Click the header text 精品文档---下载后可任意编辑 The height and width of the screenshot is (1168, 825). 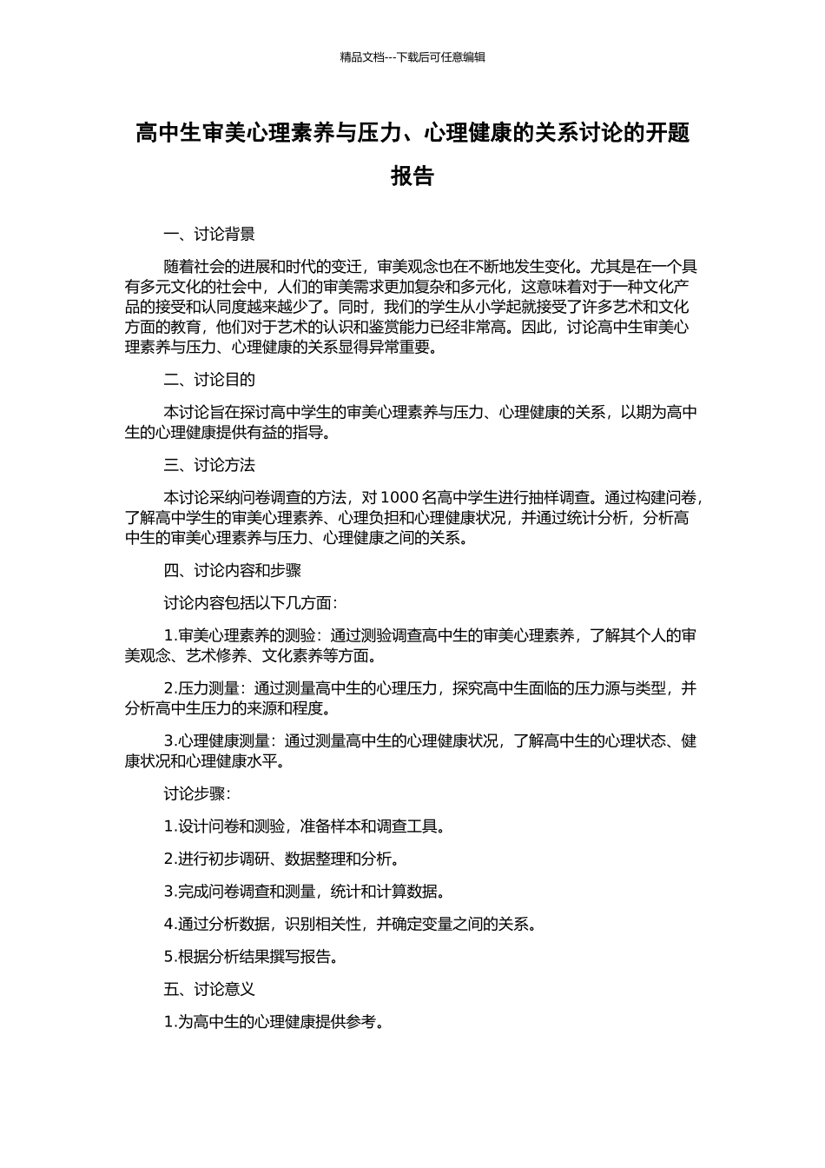412,57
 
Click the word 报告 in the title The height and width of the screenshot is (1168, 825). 412,176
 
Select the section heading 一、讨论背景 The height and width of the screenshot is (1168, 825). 209,235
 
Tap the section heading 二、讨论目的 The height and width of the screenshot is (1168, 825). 209,380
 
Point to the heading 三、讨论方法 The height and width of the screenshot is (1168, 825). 209,465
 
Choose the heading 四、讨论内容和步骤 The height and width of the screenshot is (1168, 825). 233,571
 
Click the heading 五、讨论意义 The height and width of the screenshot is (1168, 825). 209,989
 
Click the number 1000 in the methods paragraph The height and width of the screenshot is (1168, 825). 399,498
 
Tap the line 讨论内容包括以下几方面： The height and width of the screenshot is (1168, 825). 251,603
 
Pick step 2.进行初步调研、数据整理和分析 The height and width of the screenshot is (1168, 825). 282,859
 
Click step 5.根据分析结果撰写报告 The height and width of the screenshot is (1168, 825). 251,957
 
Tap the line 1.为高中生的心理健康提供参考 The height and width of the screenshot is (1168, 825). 274,1022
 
